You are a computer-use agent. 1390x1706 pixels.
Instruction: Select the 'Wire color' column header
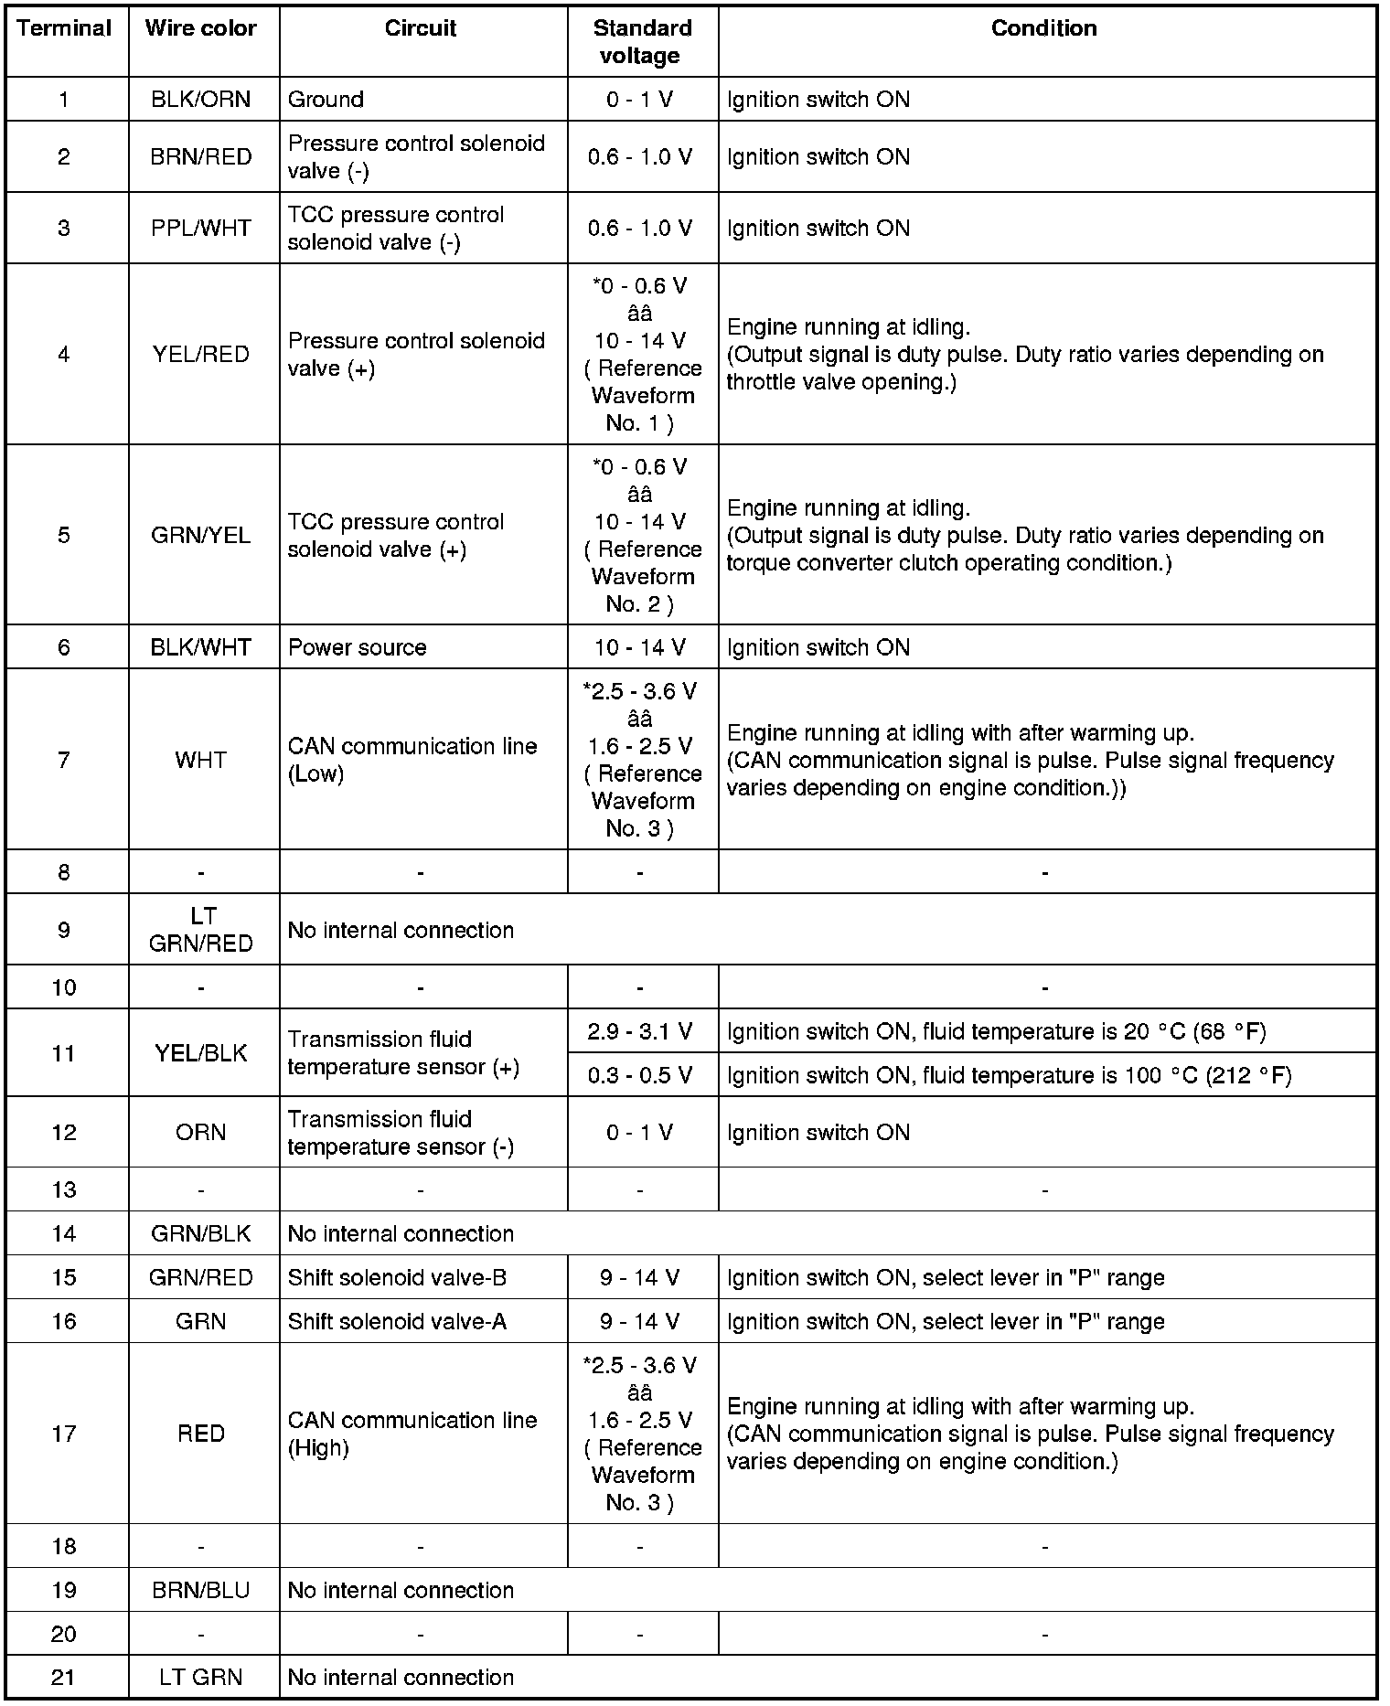point(201,28)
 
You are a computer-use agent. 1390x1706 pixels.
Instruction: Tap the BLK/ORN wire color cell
point(201,100)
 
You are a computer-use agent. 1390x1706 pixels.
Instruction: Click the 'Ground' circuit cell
point(326,100)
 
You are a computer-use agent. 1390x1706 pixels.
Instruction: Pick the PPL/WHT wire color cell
point(201,229)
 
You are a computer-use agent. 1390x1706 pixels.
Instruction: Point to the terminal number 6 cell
point(64,648)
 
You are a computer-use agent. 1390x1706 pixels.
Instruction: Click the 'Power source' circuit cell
point(358,648)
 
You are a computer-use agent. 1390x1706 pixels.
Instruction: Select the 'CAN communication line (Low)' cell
point(412,761)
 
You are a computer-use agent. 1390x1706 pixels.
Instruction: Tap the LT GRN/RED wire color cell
point(201,931)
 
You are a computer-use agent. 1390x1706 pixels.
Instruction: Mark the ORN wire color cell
point(201,1133)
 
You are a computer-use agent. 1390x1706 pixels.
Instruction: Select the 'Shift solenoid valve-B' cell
point(398,1278)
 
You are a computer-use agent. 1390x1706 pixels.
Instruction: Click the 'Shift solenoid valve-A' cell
point(398,1322)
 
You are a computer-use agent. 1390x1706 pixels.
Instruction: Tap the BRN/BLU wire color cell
point(201,1591)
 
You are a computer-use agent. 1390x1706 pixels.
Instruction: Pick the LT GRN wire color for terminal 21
point(201,1678)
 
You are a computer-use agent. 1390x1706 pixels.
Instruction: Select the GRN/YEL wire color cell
point(201,536)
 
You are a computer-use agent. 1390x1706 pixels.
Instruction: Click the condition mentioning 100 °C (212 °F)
point(1009,1076)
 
